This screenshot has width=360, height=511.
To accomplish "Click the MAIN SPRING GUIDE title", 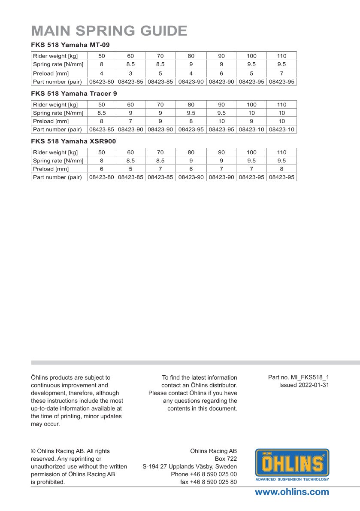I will (109, 31).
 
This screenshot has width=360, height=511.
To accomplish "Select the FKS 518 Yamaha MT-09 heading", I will (71, 45).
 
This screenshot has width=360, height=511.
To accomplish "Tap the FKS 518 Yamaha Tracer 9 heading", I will (74, 93).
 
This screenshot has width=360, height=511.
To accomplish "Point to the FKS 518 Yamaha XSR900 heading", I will (73, 141).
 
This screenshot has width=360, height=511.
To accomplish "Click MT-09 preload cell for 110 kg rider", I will (281, 73).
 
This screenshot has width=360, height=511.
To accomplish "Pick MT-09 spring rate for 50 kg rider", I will (102, 64).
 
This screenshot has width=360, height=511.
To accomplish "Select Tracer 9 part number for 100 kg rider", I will (251, 129).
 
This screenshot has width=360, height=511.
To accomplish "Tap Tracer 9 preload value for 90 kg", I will (221, 121).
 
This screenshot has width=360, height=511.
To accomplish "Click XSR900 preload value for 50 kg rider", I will (102, 169).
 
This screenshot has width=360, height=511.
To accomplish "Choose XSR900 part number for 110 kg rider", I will (281, 177).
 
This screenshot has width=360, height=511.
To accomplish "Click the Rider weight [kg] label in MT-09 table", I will (55, 56).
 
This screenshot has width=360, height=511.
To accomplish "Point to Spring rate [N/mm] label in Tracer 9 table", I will (58, 113).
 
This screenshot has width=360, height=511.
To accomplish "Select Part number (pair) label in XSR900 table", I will (57, 177).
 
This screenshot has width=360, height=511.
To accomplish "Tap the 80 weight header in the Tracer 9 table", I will (191, 104).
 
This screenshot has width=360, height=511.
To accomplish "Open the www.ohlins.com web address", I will (292, 492).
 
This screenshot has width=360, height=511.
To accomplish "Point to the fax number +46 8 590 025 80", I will (209, 482).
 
